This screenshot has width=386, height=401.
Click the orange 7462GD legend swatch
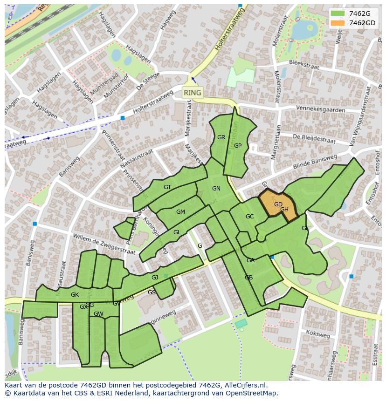click(338, 23)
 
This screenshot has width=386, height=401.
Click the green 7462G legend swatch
click(338, 14)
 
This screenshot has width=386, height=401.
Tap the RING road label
click(193, 93)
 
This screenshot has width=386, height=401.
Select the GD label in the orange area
click(278, 204)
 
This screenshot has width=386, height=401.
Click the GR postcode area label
click(221, 137)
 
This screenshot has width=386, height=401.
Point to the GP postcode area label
click(238, 146)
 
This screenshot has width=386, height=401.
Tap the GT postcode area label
click(167, 187)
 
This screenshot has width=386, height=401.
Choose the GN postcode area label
click(216, 189)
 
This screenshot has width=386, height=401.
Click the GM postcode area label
click(180, 212)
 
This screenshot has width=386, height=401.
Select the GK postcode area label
click(75, 295)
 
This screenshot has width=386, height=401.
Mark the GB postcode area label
click(248, 278)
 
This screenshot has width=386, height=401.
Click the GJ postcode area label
click(155, 278)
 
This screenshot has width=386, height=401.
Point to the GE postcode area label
click(305, 228)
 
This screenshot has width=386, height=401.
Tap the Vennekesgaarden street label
click(321, 109)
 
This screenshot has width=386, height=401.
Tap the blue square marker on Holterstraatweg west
click(123, 118)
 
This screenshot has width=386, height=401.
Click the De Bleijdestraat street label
click(314, 138)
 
